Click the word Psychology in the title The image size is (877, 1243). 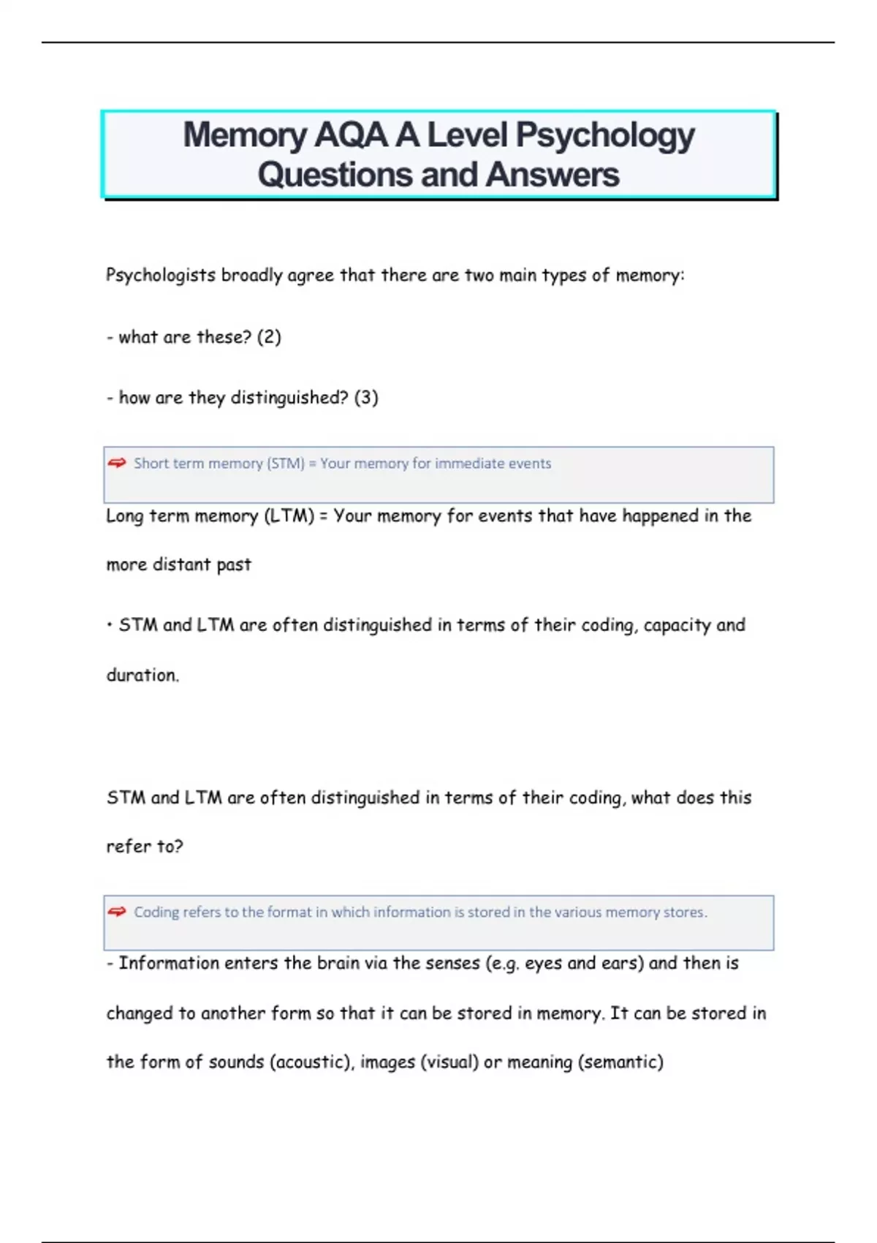pos(605,136)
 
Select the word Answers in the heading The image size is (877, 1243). pos(553,175)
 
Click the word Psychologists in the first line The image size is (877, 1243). pos(161,276)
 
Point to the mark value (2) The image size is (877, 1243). pos(269,337)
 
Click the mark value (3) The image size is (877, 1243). pos(366,398)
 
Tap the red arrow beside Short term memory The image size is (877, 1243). pos(117,463)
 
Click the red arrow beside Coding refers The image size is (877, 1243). pos(117,912)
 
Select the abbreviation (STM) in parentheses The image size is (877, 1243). pos(286,464)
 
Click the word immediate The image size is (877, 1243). pos(469,464)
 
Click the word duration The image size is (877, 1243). pos(143,675)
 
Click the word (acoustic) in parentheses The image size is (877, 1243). pos(311,1062)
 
